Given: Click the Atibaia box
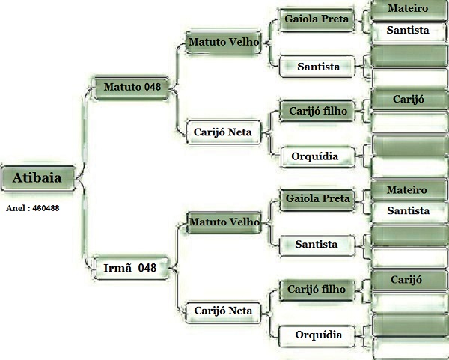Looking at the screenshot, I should [37, 178].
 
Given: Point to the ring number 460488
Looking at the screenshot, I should [32, 208].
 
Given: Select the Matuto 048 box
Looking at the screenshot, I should [131, 88].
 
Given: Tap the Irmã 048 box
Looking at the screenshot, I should [131, 267].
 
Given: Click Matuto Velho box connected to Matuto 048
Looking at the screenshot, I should [224, 42].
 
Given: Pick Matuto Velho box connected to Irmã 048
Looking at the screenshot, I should [224, 222].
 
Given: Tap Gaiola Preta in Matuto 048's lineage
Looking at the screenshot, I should [316, 19].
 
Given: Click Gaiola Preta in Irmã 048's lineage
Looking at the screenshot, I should [316, 198].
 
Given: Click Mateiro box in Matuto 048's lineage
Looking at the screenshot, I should [408, 10].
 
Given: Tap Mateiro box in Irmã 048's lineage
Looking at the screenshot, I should [408, 190].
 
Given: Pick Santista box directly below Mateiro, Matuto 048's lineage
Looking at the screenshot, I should [408, 31].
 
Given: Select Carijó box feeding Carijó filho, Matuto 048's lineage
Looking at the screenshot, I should [408, 100].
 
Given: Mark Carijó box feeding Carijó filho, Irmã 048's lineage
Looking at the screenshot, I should [408, 279].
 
